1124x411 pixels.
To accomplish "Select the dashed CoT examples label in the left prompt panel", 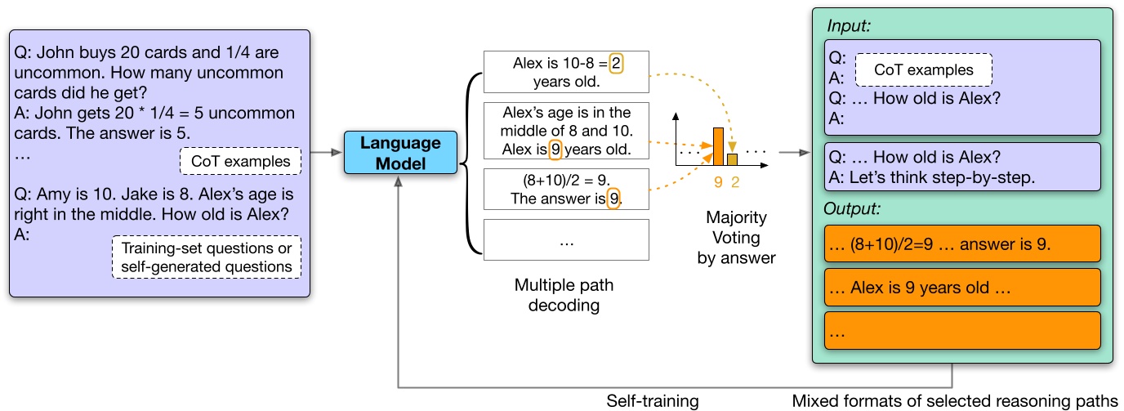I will pos(240,161).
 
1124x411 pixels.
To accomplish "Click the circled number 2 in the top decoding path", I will pos(617,64).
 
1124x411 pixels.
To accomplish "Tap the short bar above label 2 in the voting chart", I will pos(734,159).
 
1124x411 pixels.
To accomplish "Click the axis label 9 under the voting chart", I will pos(718,183).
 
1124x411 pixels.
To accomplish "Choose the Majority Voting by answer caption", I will pos(736,238).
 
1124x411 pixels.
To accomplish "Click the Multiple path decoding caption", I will pos(564,295).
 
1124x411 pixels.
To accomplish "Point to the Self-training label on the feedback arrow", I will pos(653,400).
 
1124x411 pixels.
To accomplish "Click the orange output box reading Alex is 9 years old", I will pos(962,287).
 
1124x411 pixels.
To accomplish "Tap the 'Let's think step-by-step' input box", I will pos(962,168).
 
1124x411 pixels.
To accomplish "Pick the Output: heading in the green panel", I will pos(854,208).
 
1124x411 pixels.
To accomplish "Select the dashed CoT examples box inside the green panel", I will pos(923,69).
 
